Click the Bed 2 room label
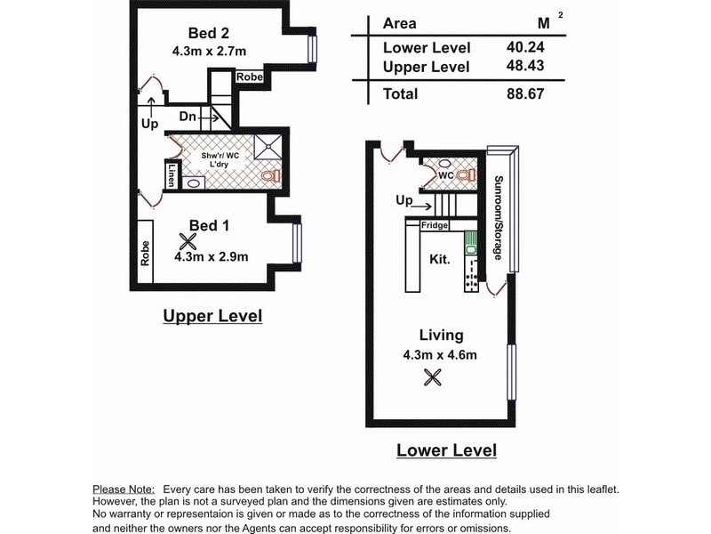pos(209,33)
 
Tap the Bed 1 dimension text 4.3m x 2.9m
pos(212,256)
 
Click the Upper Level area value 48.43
pos(525,66)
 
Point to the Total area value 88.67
pos(525,94)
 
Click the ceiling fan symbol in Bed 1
pos(188,241)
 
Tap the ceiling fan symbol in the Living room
pos(432,377)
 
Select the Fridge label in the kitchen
pos(435,225)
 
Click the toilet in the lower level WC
pos(466,174)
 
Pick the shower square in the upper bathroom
pos(268,146)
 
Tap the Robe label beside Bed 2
pos(250,77)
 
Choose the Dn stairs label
pos(188,117)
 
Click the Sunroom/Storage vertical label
pos(498,218)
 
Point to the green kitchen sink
pos(470,243)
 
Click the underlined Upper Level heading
pos(212,316)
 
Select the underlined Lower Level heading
pos(447,450)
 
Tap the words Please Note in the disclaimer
pos(124,489)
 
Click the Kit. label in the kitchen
pos(440,259)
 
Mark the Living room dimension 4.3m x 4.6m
pos(440,354)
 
